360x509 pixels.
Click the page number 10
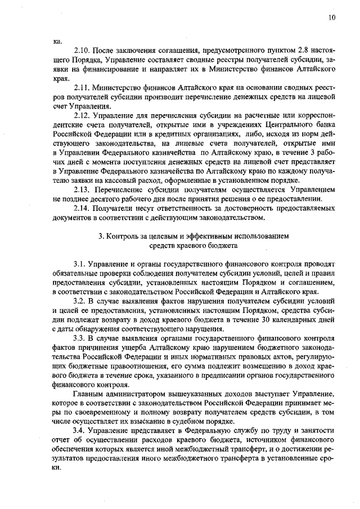pos(332,18)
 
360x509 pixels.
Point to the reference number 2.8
pos(281,51)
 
